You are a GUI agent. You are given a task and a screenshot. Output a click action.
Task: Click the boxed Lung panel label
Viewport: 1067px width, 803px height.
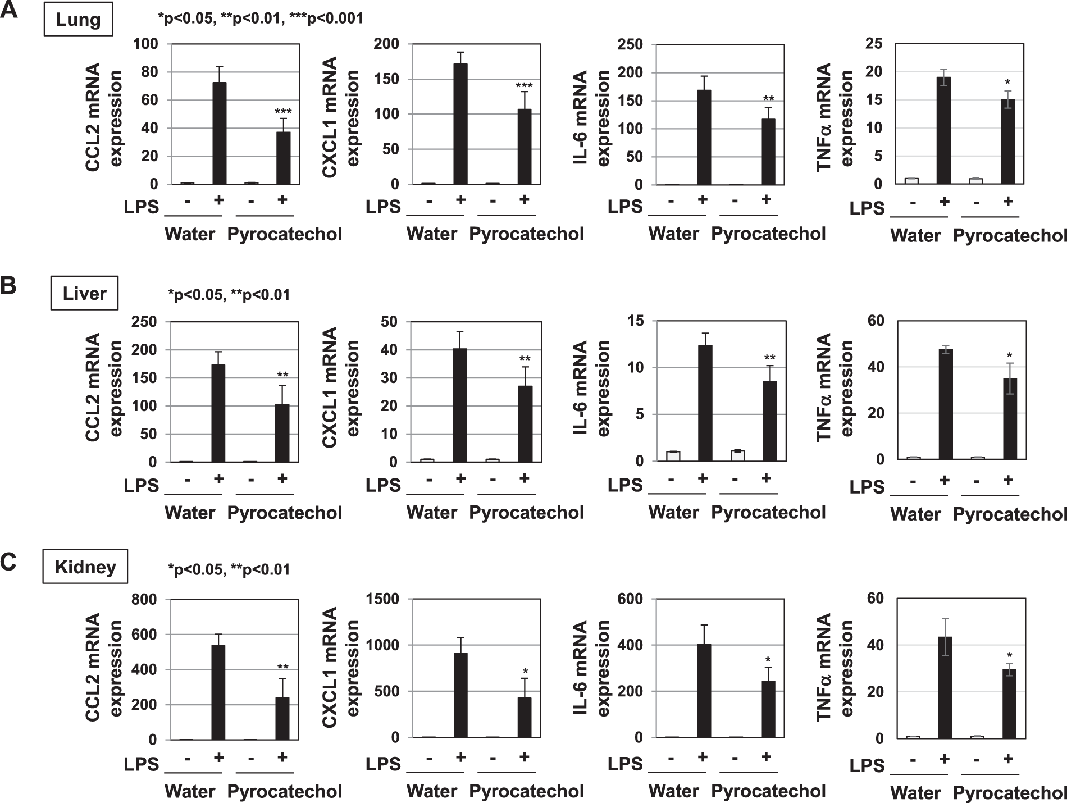(x=78, y=20)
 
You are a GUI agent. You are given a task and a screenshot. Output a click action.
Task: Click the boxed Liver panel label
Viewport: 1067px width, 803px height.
(x=84, y=293)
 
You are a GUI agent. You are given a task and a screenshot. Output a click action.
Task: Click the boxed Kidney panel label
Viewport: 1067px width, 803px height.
(x=85, y=567)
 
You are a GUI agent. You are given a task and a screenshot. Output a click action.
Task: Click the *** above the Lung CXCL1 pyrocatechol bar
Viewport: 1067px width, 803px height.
(x=523, y=86)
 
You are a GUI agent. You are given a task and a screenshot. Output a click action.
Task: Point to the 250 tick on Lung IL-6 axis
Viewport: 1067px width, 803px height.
(x=631, y=44)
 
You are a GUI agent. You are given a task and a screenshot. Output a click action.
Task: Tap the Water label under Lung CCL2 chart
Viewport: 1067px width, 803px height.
(x=190, y=234)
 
